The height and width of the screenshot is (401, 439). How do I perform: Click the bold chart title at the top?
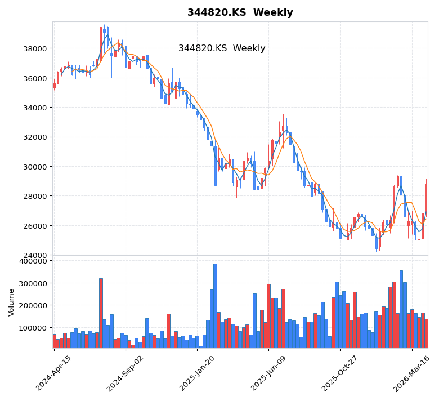point(240,13)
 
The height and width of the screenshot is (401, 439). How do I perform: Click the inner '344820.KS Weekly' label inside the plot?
point(222,48)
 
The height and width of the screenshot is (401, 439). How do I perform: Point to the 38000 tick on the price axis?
point(35,48)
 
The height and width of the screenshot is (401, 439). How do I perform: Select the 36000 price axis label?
point(35,78)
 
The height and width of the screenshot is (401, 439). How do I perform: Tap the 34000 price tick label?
point(35,108)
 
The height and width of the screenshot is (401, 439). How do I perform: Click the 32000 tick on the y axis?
point(35,137)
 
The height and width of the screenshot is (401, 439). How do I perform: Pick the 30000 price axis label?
point(35,167)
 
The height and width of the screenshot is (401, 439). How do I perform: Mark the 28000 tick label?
point(35,196)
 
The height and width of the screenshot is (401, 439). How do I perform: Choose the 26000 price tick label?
point(35,226)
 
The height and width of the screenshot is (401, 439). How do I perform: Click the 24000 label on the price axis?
point(35,255)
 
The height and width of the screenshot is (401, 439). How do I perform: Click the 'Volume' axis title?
point(11,302)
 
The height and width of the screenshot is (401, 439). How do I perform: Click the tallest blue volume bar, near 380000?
point(215,305)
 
